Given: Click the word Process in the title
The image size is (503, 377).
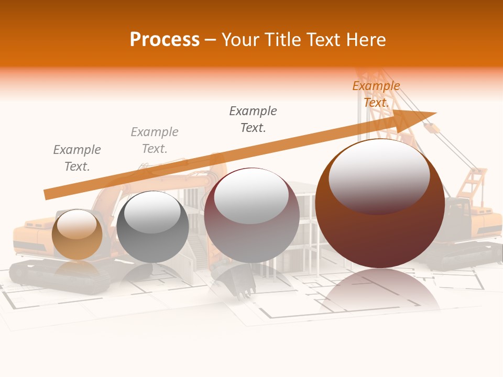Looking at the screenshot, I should coord(165,39).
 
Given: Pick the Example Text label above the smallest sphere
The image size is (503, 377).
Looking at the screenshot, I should coord(77,158).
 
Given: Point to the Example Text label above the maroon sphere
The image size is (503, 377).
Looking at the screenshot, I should coord(253,119).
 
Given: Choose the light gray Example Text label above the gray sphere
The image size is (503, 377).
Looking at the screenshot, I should coord(155,140).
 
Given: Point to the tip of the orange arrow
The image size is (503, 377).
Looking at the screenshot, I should coord(435,113).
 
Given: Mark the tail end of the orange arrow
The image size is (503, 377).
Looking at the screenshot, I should coord(46,195).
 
